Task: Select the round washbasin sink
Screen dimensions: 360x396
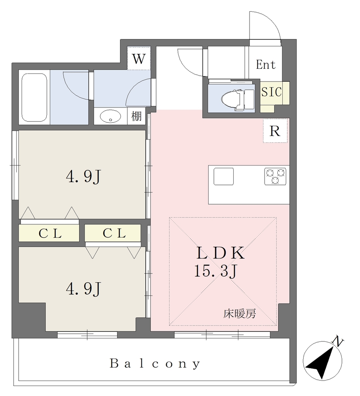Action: [110, 116]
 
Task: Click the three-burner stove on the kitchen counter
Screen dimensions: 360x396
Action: [275, 176]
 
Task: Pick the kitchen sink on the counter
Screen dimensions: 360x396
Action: [224, 176]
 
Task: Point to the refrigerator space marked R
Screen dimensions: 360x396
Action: [275, 131]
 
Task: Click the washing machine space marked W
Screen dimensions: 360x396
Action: [139, 58]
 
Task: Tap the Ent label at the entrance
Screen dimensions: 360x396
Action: [265, 65]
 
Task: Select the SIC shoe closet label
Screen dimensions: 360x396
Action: [272, 92]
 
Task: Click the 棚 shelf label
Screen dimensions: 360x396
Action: [136, 116]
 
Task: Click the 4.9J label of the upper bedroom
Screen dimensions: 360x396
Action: [83, 176]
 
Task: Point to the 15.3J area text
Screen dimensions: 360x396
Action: [215, 271]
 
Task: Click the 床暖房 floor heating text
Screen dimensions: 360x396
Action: [239, 314]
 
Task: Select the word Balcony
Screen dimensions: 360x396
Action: [155, 364]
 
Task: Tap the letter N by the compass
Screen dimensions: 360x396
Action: [338, 341]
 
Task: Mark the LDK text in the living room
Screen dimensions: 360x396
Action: [221, 253]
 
